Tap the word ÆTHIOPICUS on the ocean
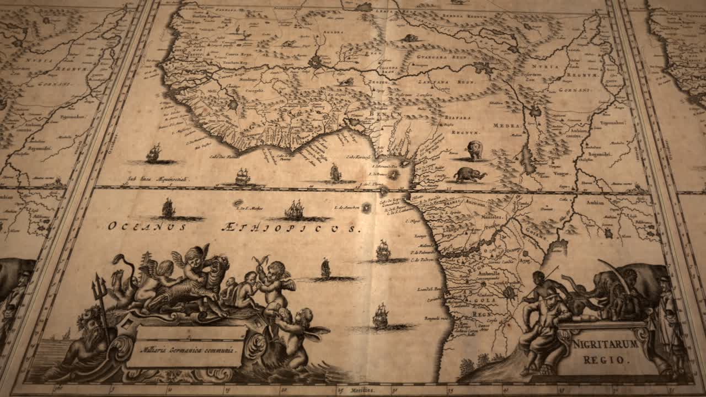[x=290, y=227]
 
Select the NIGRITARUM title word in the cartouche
[x=605, y=345]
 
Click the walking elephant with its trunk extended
[x=470, y=174]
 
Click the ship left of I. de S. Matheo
[x=168, y=208]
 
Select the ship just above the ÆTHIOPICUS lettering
[x=295, y=210]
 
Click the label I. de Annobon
[x=346, y=207]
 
